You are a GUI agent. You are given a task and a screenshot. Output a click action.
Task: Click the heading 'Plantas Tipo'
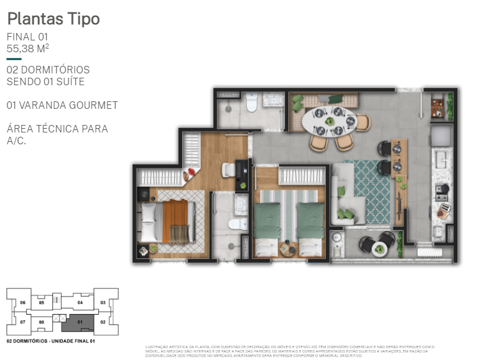coord(53,19)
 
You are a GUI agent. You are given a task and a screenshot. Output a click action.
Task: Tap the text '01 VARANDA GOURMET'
coord(62,105)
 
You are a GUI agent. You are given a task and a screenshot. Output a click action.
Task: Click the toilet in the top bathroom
coord(252,102)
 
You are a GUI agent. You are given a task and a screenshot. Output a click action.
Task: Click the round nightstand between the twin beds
coord(288,249)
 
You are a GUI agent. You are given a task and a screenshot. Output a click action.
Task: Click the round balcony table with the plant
coord(379,249)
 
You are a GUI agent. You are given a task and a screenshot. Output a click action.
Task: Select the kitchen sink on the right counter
coord(443,159)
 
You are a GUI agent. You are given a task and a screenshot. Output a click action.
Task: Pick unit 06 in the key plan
coord(22,303)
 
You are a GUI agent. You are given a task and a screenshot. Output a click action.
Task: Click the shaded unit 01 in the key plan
coord(80,321)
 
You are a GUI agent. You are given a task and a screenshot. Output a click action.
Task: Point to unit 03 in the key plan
coord(103,302)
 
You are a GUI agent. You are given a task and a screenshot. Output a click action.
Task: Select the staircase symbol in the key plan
coord(59,318)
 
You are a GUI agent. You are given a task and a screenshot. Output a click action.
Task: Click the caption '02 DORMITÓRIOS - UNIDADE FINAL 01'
coord(50,341)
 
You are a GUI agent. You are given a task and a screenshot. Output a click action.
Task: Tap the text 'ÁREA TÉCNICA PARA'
coord(57,129)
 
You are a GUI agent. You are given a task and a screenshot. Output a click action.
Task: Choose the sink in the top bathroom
coord(272,99)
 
